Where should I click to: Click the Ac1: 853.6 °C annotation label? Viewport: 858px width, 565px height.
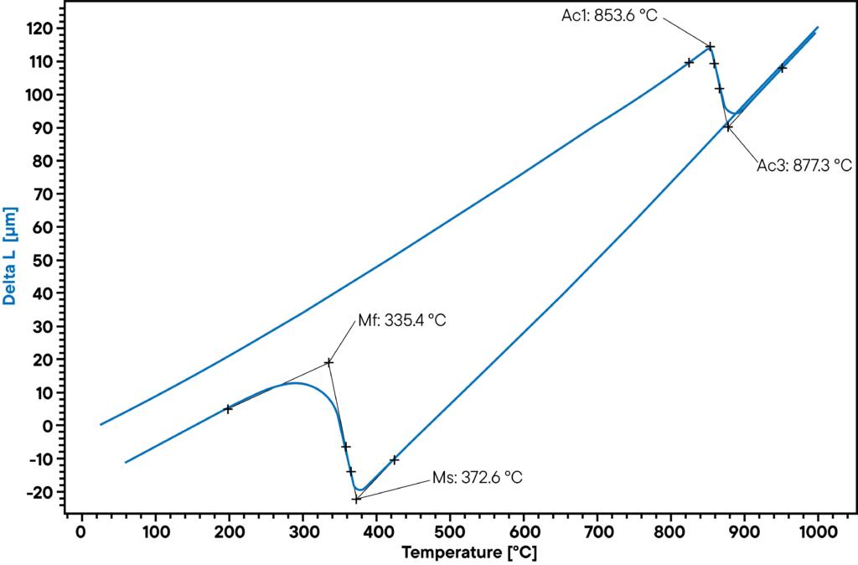[x=609, y=16]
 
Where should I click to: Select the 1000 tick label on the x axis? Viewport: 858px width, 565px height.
[x=818, y=531]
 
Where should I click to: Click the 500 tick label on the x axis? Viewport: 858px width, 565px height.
[x=449, y=531]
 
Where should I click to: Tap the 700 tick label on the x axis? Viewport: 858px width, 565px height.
[x=597, y=531]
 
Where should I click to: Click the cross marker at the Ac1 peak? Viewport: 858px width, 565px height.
[x=711, y=46]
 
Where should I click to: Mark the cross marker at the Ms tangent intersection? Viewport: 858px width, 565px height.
[x=356, y=499]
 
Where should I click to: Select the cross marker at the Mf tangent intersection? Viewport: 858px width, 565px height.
[x=328, y=362]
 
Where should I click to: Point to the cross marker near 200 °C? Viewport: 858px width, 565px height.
[x=228, y=409]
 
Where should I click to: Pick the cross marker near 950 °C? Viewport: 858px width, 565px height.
[x=782, y=68]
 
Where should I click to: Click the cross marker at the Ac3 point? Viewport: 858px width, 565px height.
[x=728, y=127]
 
